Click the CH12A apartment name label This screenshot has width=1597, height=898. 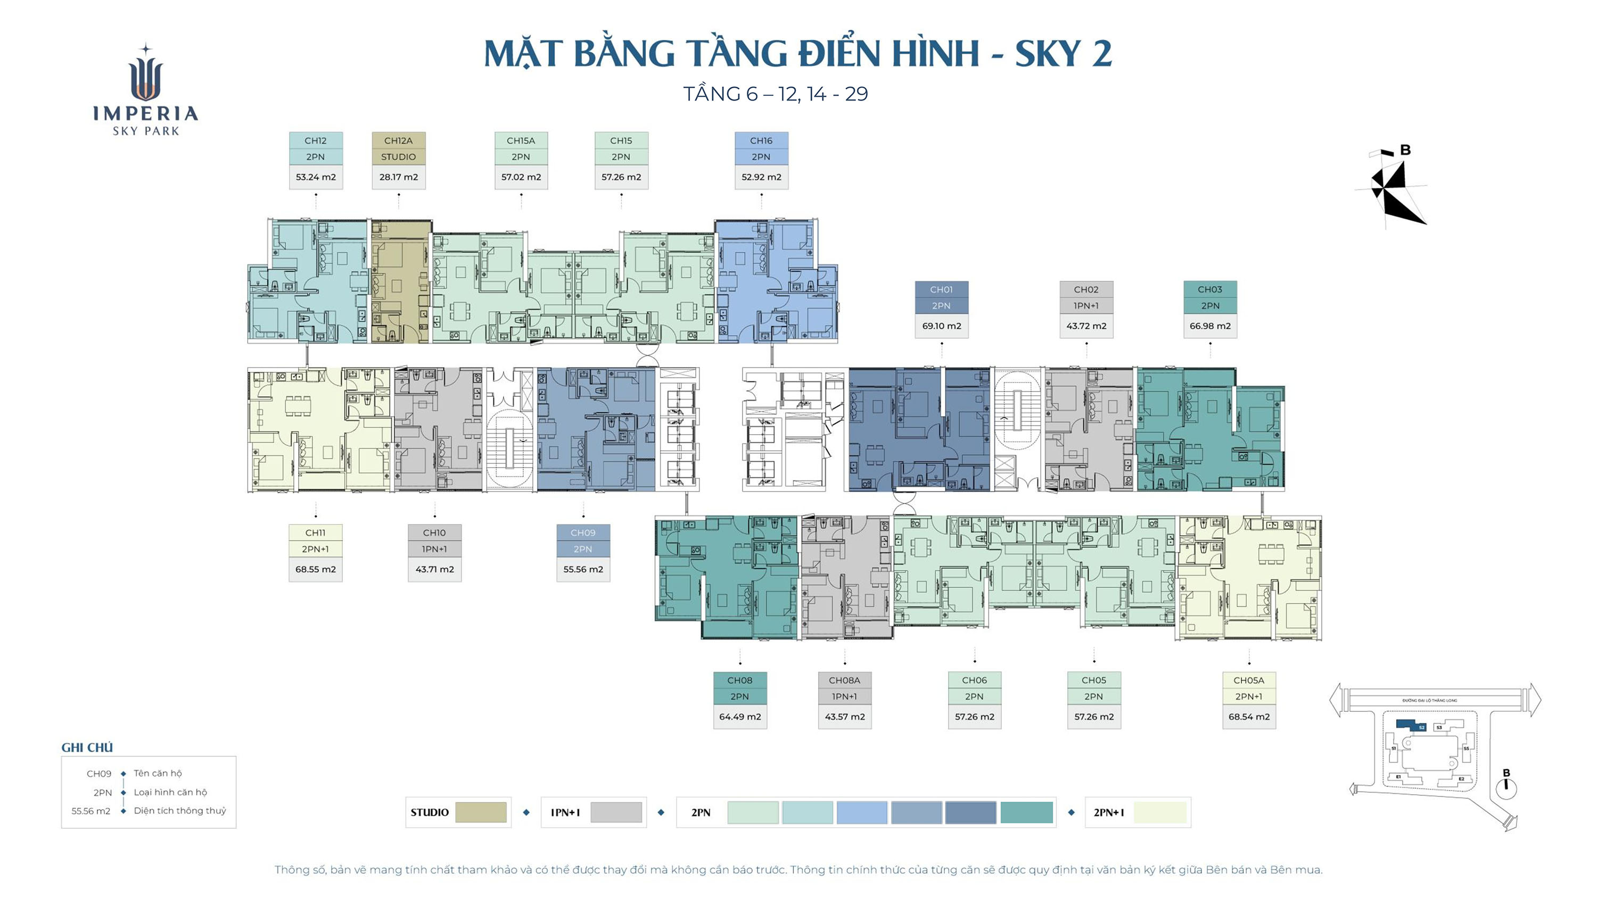coord(398,140)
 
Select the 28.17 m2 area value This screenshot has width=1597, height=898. coord(398,177)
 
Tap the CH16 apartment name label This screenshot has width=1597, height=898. coord(761,140)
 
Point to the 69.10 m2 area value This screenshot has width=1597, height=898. coord(941,326)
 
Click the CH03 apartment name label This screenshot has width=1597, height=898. coord(1209,289)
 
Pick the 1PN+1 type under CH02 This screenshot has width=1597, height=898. coord(1085,306)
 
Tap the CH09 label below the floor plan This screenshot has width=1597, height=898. coord(582,533)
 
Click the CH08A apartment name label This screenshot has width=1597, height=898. coord(844,680)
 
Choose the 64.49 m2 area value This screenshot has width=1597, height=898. coord(739,717)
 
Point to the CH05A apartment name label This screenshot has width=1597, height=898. coord(1248,680)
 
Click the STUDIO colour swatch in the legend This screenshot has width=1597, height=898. coord(481,812)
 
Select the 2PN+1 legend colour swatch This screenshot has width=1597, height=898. coord(1159,812)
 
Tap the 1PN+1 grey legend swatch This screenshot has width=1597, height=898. coord(615,812)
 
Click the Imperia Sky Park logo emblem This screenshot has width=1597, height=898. coord(146,74)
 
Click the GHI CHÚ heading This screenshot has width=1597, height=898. coord(87,748)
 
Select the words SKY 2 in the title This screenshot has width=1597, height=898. coord(1063,54)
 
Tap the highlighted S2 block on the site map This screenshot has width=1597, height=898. coord(1410,725)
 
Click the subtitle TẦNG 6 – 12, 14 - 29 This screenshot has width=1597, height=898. coord(775,94)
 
